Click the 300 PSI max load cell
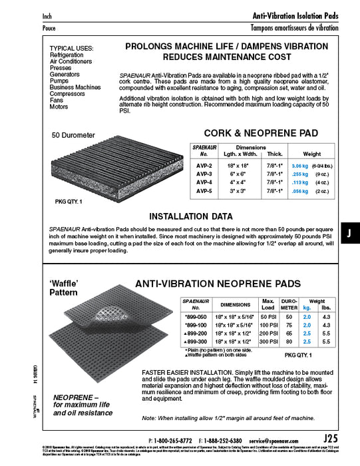point(268,341)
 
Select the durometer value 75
point(289,322)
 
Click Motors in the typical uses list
point(59,107)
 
